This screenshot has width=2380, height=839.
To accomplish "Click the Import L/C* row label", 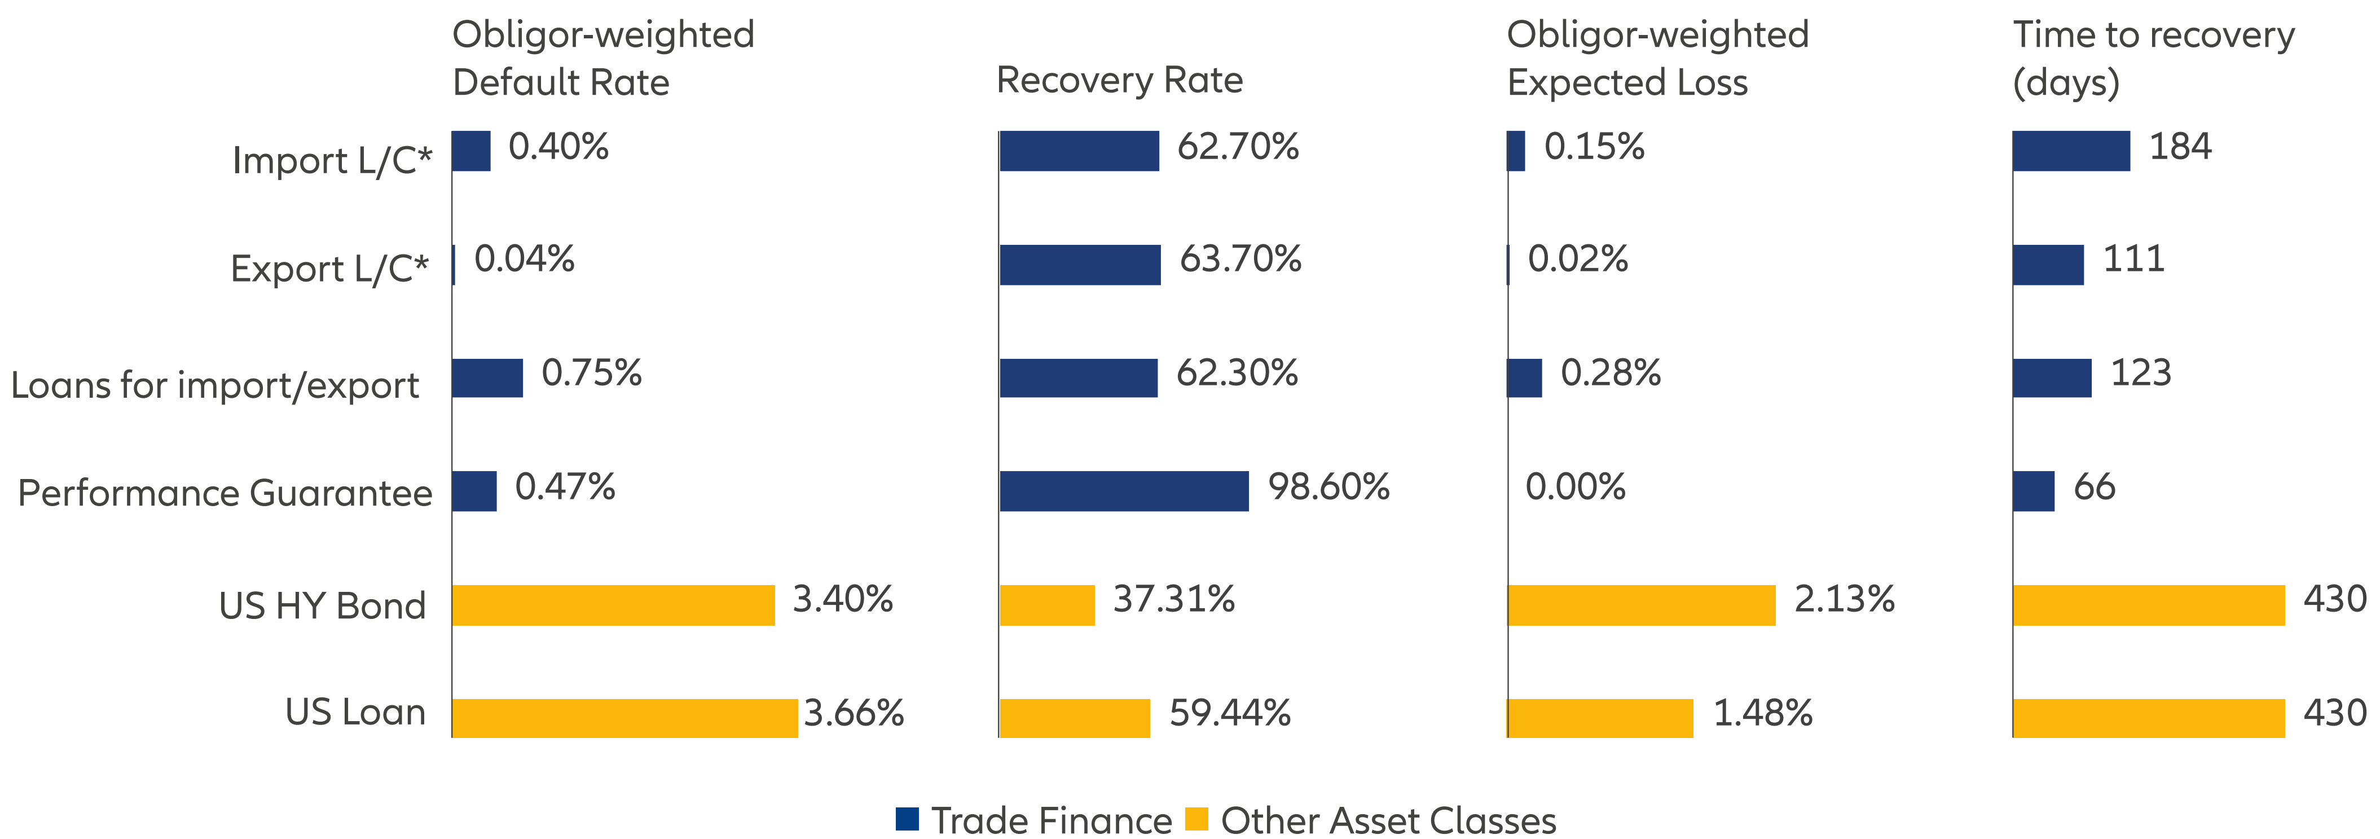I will click(332, 161).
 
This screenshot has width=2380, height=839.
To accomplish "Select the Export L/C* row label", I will click(330, 269).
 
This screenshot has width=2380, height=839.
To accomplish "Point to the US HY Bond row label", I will click(323, 606).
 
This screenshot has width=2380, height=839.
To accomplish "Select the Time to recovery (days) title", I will click(2153, 58).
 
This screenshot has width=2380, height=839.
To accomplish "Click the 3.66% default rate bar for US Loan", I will click(624, 718).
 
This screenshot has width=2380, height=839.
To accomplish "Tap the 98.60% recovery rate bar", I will click(1124, 491).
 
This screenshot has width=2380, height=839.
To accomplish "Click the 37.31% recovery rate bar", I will click(1047, 605).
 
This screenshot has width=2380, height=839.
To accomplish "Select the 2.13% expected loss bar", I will click(1641, 605).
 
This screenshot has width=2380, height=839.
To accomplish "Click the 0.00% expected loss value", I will click(1575, 487).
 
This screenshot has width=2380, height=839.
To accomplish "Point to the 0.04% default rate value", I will click(524, 260).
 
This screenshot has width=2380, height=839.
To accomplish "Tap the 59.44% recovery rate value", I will click(1230, 713).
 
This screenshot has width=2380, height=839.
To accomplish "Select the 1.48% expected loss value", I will click(1763, 713).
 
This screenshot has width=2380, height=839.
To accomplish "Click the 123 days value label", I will click(2141, 374).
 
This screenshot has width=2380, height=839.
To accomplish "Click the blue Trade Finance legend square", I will click(907, 819).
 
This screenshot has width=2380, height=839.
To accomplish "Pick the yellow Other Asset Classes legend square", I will click(1196, 819).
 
